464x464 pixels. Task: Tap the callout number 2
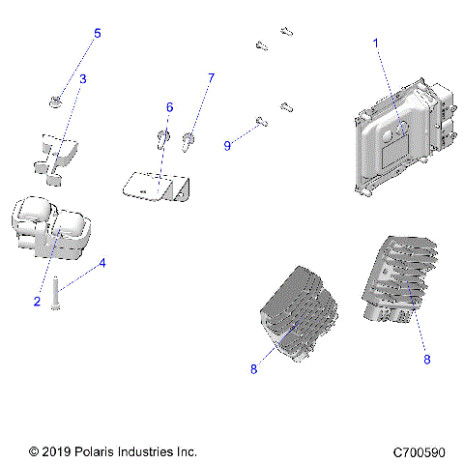click(37, 302)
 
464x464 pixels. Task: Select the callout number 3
click(83, 77)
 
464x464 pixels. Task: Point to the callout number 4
click(102, 262)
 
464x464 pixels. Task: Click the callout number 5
click(97, 34)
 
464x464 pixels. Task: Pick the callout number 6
click(169, 106)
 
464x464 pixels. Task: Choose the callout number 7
click(211, 77)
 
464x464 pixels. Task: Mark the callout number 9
click(227, 145)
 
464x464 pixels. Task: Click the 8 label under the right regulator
click(426, 359)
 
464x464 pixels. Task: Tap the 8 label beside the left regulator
click(252, 368)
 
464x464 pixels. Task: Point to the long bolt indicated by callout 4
click(58, 290)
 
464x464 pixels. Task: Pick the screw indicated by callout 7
click(188, 143)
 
